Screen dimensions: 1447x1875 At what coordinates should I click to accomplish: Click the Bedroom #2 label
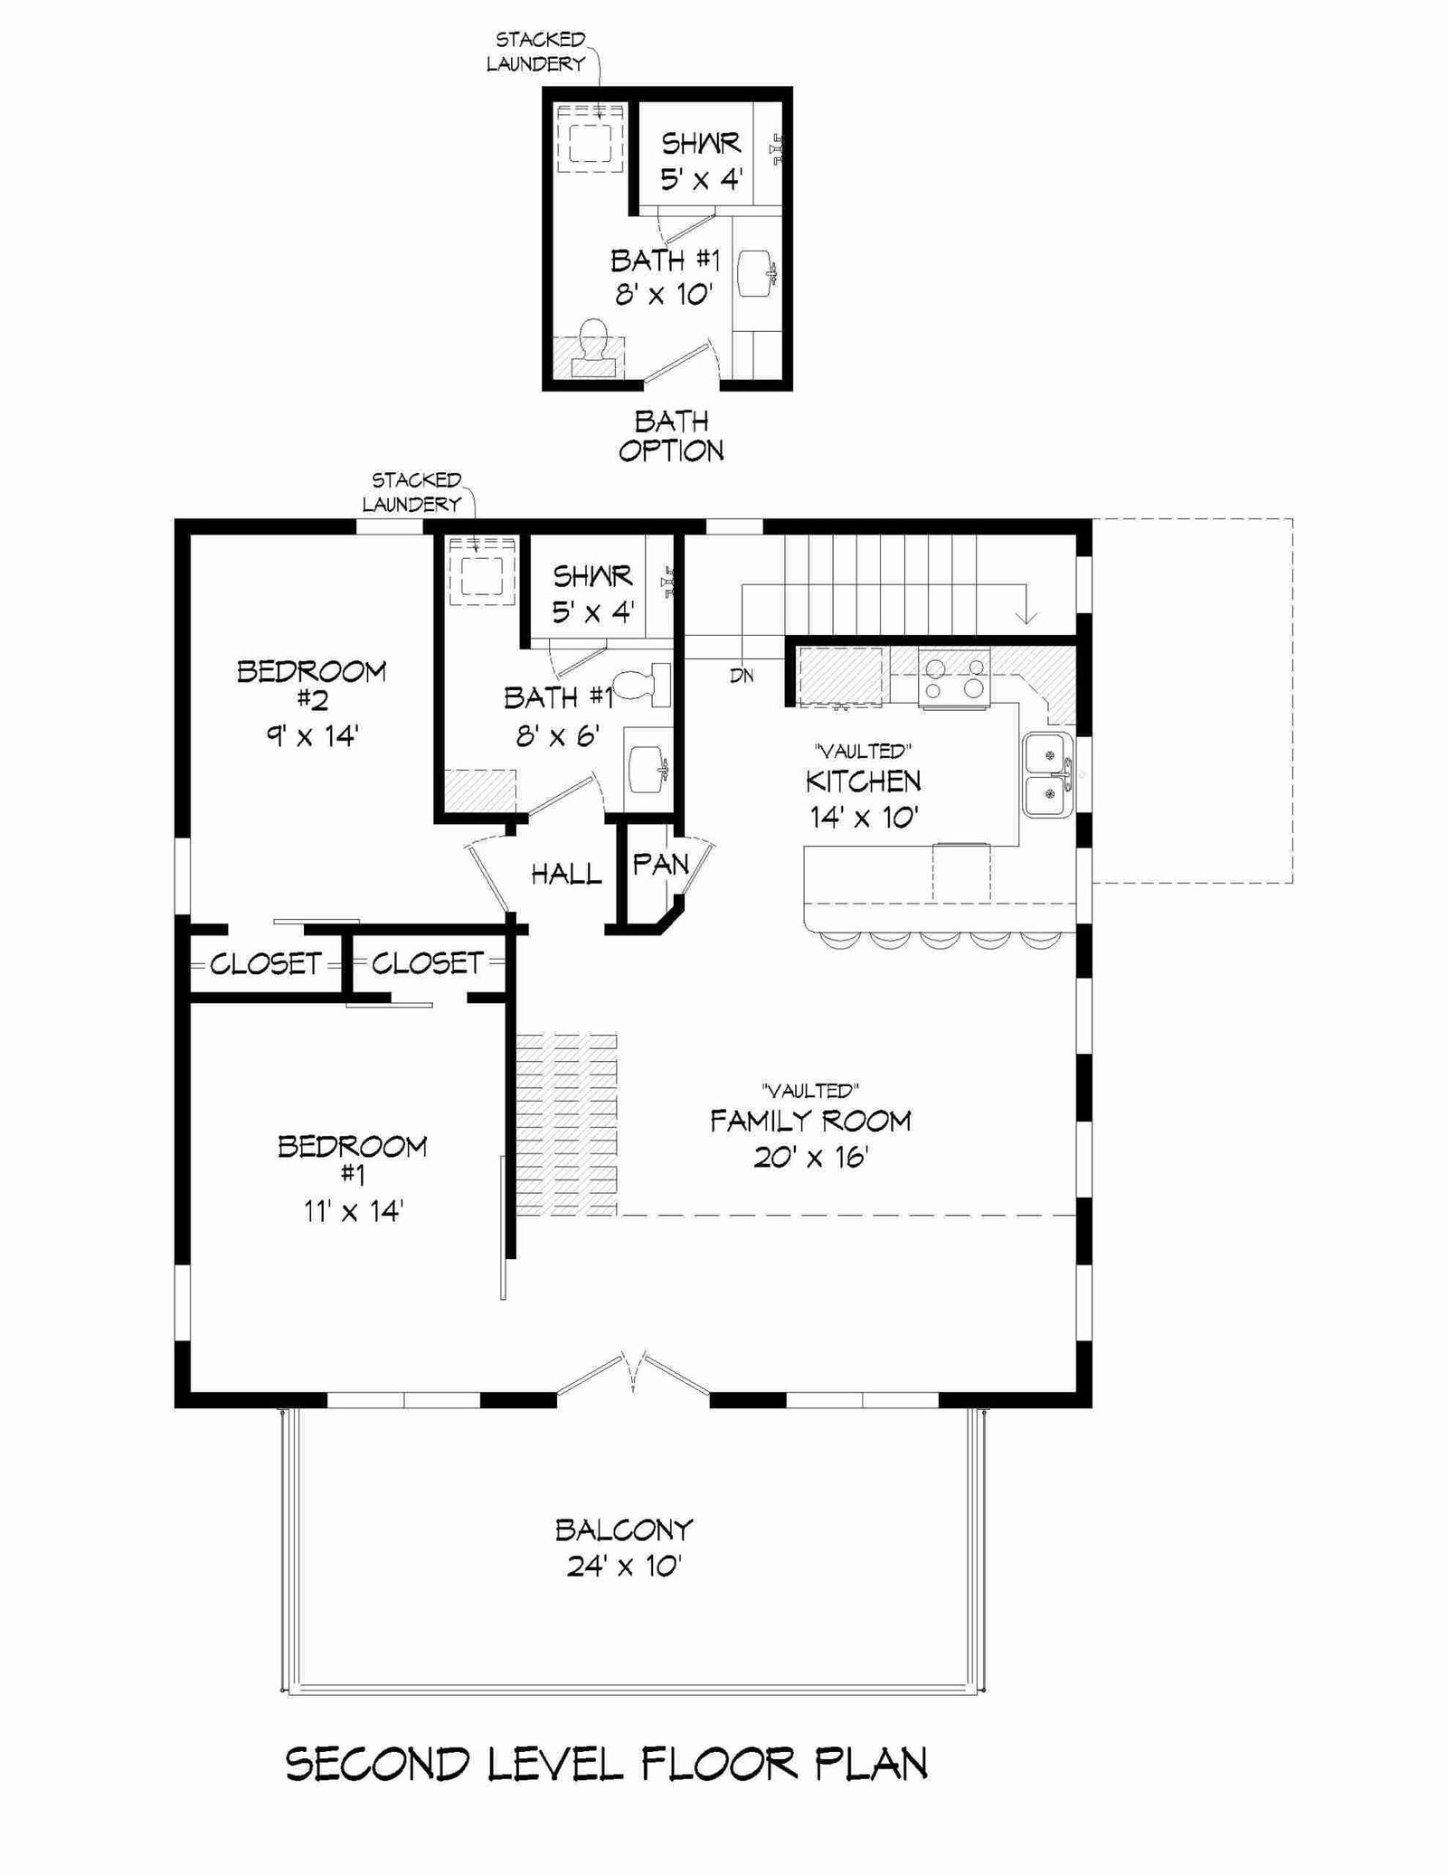click(311, 685)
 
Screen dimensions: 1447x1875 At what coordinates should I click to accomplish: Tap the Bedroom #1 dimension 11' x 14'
click(353, 1210)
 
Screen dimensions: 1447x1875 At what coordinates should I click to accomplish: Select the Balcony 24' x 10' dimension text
click(624, 1566)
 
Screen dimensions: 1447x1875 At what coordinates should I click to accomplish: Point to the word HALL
click(566, 874)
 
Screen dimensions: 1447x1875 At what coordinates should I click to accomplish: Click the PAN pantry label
click(660, 865)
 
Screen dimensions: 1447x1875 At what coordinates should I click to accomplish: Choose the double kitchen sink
click(1048, 775)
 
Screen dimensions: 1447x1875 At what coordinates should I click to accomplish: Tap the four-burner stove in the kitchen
click(954, 678)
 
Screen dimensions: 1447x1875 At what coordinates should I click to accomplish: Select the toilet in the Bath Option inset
click(592, 348)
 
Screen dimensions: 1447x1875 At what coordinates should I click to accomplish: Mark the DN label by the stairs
click(742, 676)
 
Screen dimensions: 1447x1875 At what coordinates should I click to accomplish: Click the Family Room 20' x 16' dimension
click(811, 1157)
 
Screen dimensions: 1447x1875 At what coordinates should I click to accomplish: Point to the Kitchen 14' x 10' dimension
click(865, 818)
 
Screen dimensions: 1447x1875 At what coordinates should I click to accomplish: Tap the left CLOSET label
click(266, 964)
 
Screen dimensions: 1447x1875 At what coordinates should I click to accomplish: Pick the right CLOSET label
click(427, 963)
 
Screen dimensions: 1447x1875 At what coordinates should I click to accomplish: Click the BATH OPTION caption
click(671, 436)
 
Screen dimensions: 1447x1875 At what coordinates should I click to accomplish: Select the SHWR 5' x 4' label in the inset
click(701, 161)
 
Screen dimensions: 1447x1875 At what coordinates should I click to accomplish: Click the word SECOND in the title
click(378, 1764)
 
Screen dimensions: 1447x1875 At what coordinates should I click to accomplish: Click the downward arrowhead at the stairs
click(1026, 618)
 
